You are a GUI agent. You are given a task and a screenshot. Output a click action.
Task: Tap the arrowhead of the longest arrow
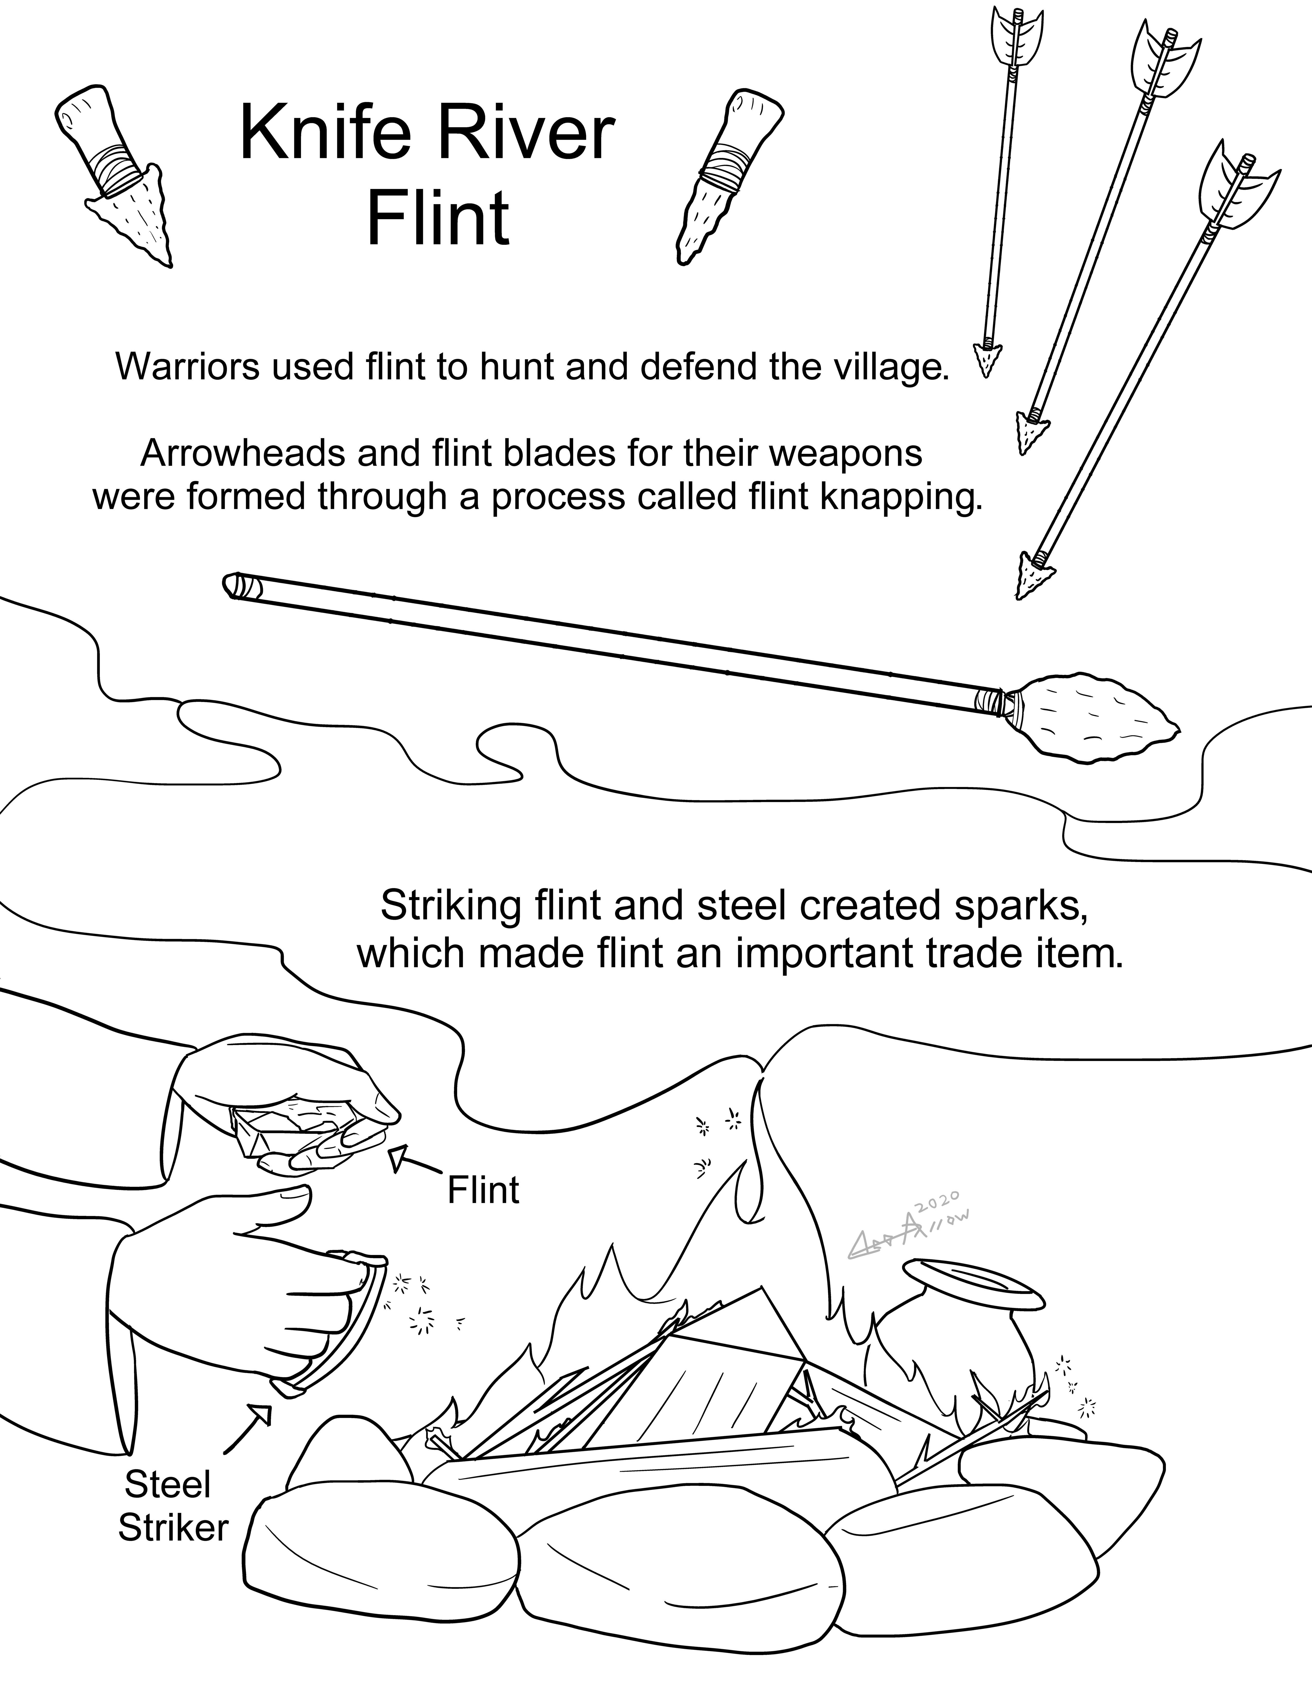click(1032, 575)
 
